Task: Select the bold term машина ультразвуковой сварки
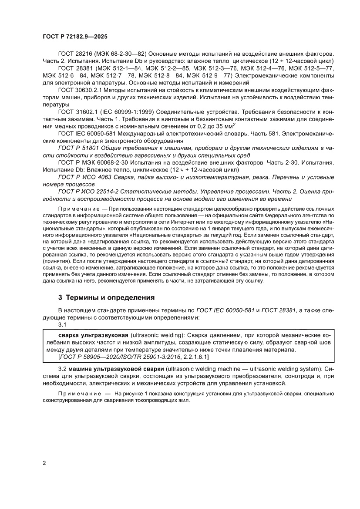[115, 368]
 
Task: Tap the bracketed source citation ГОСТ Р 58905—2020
[87, 357]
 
